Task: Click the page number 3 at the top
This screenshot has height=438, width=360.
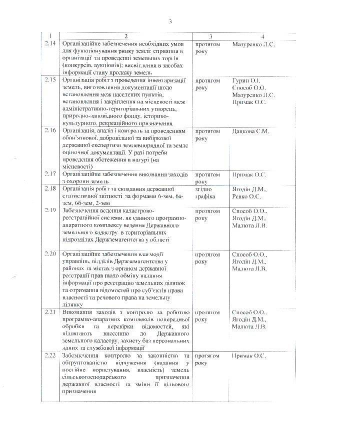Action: (170, 21)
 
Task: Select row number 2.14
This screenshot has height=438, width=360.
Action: (50, 44)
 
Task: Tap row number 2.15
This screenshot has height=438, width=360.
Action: (50, 80)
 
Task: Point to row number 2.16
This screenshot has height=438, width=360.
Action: (50, 131)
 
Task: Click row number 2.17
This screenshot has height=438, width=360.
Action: (50, 174)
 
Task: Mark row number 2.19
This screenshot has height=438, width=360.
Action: (50, 210)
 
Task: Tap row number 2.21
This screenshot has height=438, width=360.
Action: (50, 312)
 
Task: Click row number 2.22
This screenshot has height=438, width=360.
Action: (50, 355)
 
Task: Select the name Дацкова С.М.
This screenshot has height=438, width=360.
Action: (250, 131)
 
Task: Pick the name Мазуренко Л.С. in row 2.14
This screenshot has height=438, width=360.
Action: (253, 44)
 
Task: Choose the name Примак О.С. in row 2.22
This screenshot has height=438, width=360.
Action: (249, 355)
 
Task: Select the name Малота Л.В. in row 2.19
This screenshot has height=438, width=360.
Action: (249, 225)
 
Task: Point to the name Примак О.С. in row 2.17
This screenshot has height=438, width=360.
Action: (249, 174)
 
